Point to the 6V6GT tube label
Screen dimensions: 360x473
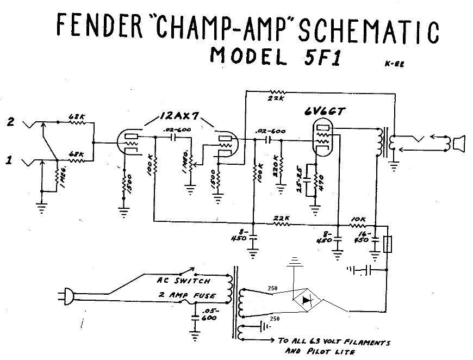coord(326,112)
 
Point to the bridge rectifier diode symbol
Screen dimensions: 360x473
coord(307,300)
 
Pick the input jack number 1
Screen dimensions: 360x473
coord(10,161)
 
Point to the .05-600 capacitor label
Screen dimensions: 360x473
coord(207,315)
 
